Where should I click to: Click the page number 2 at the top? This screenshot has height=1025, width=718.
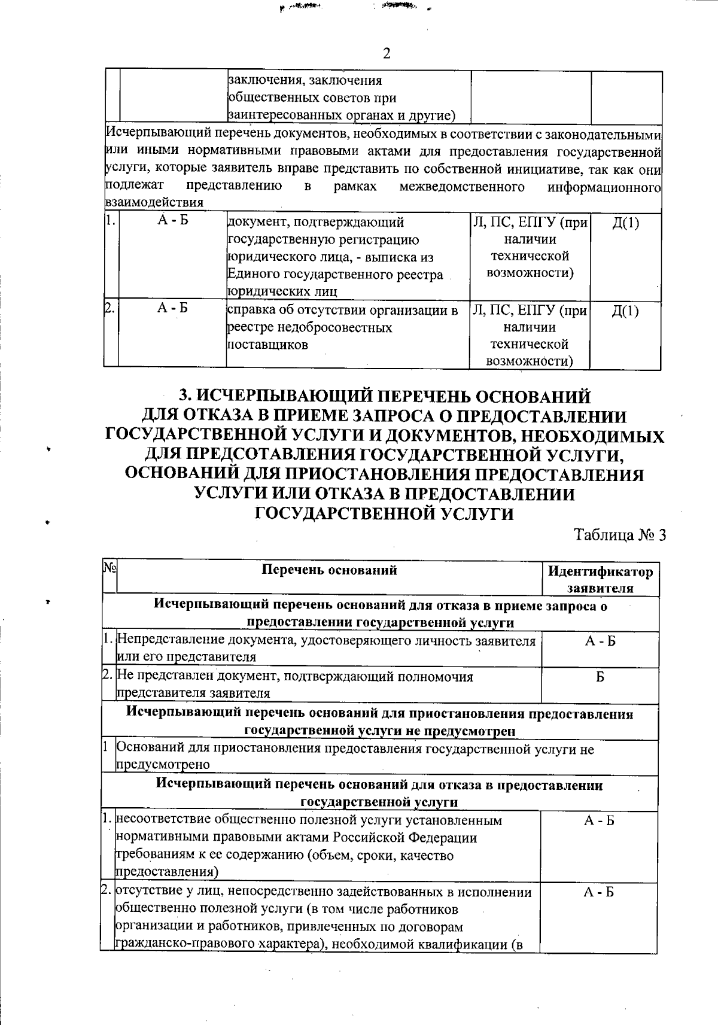point(387,54)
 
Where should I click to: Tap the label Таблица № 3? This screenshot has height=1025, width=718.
point(620,535)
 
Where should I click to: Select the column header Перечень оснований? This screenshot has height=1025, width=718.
point(330,570)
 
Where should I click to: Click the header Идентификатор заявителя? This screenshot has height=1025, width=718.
point(600,579)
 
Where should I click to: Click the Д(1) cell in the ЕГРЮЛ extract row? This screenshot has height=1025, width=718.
point(626,223)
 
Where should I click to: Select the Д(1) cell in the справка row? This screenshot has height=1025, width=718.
point(626,311)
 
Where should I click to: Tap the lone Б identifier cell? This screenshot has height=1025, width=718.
point(600,677)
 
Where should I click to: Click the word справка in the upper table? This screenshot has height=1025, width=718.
point(249,311)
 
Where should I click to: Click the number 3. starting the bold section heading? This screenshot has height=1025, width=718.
point(186,397)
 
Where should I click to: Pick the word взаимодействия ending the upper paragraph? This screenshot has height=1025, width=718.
point(154,203)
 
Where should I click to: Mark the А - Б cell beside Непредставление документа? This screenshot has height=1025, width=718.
point(600,641)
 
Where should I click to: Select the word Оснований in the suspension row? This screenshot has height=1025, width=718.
point(150,748)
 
